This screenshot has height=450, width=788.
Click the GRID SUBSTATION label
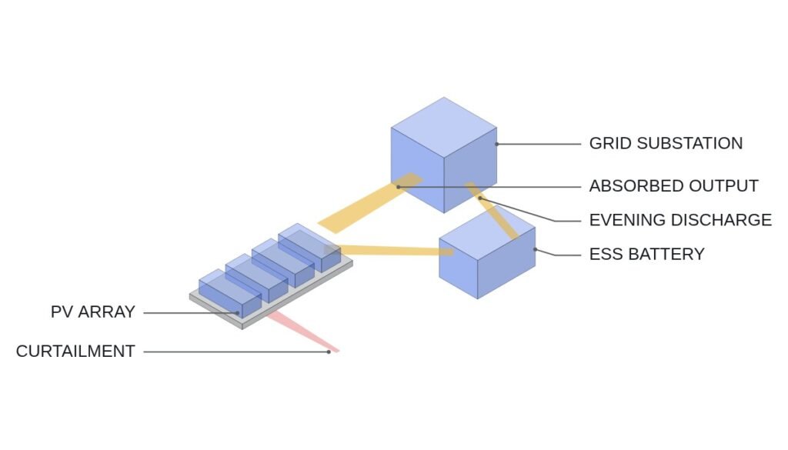coord(666,143)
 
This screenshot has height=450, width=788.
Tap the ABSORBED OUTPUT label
coord(674,186)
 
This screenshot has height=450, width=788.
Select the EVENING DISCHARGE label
coord(680,220)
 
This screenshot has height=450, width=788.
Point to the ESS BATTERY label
coord(646,254)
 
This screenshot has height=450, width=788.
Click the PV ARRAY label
coord(93,312)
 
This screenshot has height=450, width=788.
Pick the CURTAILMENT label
coord(75,351)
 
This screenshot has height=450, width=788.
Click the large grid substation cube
coord(444,155)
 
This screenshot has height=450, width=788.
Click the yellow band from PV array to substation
coord(369,203)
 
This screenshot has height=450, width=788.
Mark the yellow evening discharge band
coord(492,210)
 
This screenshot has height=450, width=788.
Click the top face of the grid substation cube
coord(444,128)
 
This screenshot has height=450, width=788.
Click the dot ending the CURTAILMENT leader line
coord(329,352)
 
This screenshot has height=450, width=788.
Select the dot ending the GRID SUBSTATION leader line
coord(497,144)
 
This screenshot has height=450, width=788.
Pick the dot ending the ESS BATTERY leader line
coord(536,249)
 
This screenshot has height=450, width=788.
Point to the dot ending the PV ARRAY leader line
coord(238,313)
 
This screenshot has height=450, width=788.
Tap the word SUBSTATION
coord(689,143)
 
